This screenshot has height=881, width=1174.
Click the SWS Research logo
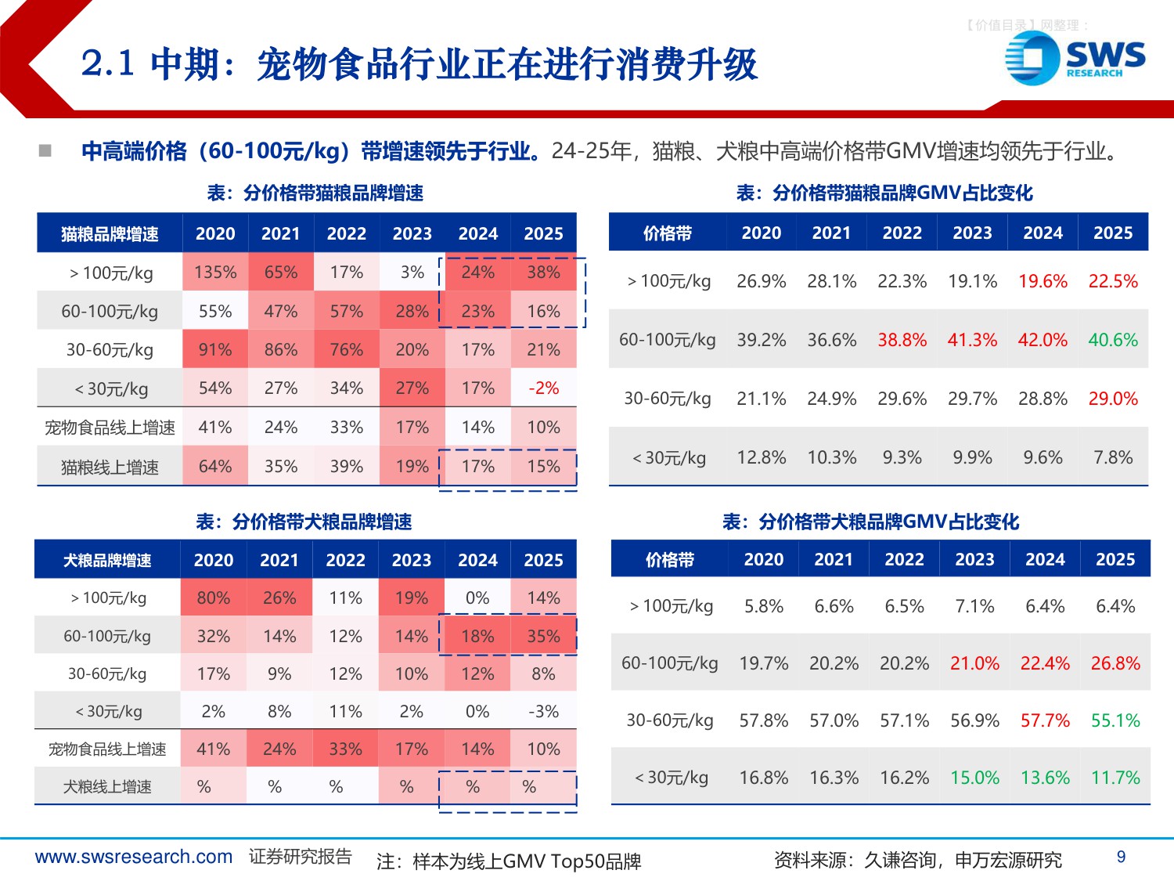click(1075, 58)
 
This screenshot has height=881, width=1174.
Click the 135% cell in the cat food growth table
click(215, 273)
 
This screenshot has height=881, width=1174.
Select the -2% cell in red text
click(543, 388)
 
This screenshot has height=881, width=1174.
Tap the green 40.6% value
click(1113, 340)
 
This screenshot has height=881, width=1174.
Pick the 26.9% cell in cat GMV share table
click(761, 281)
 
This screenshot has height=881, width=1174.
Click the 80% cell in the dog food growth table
click(213, 598)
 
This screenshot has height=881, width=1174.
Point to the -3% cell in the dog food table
click(543, 712)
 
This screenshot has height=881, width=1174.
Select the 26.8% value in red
click(1115, 663)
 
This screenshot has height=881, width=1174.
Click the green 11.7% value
click(1115, 778)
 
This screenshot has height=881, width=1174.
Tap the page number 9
click(1121, 857)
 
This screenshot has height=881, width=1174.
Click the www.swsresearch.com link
click(134, 857)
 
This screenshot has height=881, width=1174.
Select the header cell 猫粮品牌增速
click(110, 234)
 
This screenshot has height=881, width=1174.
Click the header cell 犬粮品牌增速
click(107, 561)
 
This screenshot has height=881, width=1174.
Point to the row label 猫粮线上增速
click(110, 468)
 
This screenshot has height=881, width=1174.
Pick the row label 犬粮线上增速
click(107, 787)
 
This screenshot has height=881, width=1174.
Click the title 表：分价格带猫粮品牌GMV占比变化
click(884, 193)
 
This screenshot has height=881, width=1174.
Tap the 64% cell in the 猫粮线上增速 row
click(215, 467)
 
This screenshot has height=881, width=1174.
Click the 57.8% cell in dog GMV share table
click(763, 720)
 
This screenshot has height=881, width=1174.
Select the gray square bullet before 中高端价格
click(45, 150)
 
